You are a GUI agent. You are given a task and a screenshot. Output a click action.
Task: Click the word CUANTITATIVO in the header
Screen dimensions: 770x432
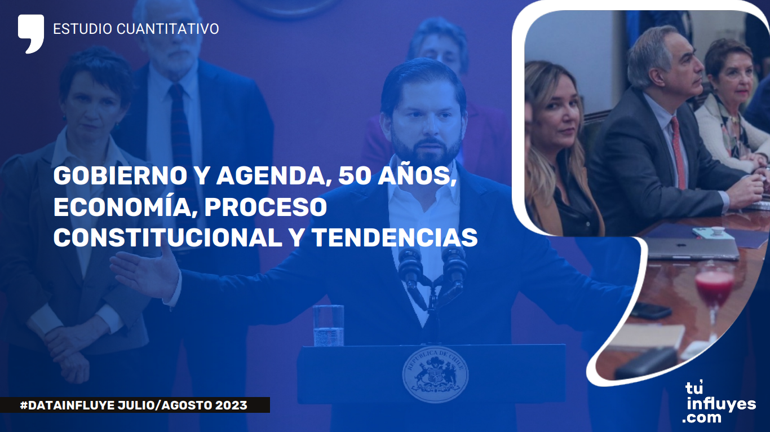tap(168, 29)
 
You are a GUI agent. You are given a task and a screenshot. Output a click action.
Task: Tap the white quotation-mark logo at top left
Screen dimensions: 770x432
tap(31, 33)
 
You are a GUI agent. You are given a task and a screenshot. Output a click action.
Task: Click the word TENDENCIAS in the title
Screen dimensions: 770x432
tap(395, 237)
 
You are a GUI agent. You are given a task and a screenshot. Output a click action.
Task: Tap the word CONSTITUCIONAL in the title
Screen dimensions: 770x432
tap(168, 237)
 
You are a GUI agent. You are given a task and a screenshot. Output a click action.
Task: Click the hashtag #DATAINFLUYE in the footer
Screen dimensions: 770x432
tap(68, 405)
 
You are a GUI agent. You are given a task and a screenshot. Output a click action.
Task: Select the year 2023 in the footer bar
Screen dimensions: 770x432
tap(231, 405)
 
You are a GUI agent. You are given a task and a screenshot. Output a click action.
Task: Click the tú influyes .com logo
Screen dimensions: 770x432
tap(719, 403)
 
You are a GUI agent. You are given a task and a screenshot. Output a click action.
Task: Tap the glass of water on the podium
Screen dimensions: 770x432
tap(329, 325)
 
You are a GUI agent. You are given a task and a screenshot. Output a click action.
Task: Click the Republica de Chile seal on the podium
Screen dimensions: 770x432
tap(435, 374)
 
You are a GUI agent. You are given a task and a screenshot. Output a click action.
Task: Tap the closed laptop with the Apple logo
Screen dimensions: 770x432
tap(691, 248)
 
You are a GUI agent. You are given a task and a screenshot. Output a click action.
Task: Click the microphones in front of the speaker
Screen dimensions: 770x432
tap(432, 275)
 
